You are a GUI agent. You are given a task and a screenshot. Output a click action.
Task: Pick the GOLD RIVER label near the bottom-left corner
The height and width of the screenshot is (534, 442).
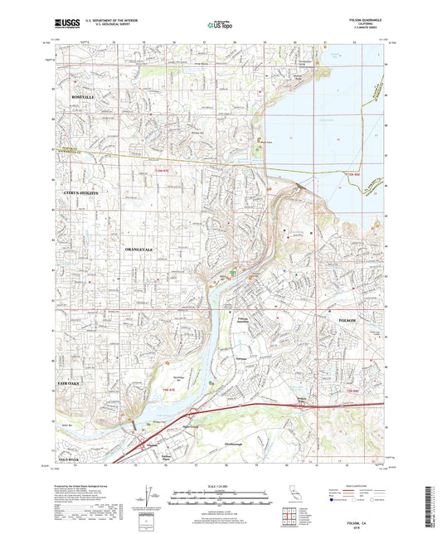(x=68, y=459)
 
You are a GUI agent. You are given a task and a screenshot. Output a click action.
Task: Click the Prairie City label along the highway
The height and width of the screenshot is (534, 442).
(x=304, y=403)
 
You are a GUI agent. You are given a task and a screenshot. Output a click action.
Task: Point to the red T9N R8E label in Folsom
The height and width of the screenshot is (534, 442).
(x=352, y=391)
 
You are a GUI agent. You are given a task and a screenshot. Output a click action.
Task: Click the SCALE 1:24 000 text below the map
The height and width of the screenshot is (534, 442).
(x=221, y=484)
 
